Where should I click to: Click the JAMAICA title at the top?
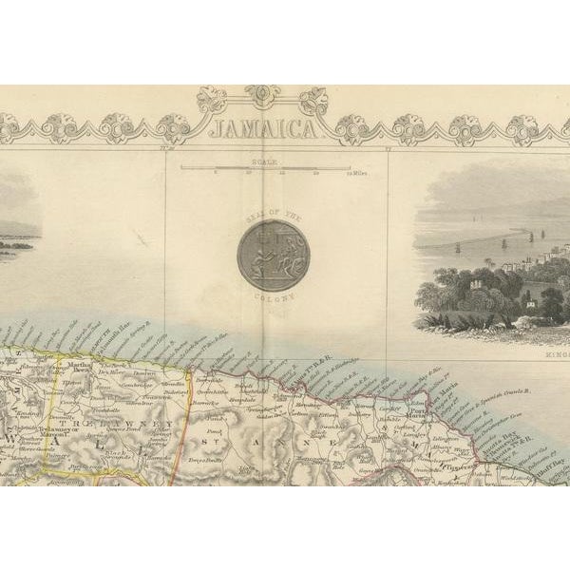pyautogui.click(x=262, y=129)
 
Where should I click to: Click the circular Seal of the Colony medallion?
pyautogui.click(x=273, y=254)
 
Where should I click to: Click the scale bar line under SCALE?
pyautogui.click(x=266, y=169)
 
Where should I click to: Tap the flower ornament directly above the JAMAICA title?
pyautogui.click(x=262, y=96)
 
